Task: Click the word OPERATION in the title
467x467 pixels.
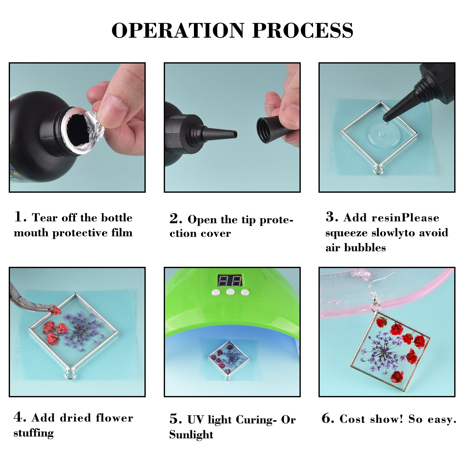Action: (177, 31)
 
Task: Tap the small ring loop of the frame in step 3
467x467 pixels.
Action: (378, 170)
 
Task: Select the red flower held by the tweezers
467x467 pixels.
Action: (55, 310)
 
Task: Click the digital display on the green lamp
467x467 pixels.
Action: (230, 281)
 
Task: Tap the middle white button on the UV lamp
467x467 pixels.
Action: (230, 292)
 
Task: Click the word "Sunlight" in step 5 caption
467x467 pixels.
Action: (191, 435)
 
